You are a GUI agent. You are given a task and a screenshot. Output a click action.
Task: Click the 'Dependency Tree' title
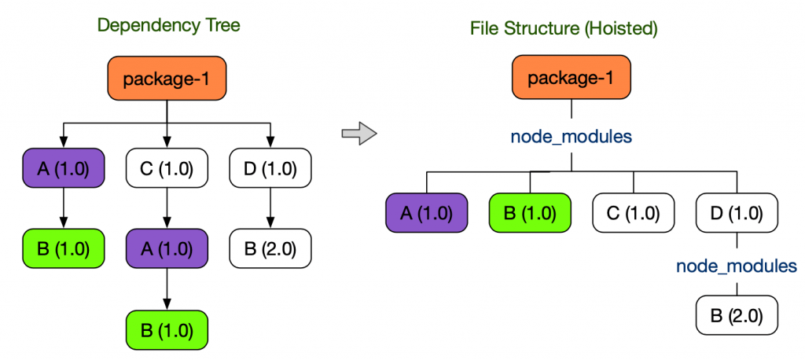168,25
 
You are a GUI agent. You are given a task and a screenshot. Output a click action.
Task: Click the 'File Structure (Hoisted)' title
564,29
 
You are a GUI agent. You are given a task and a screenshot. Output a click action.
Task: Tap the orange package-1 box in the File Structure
571,79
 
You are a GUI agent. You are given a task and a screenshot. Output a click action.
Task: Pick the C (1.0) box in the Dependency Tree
167,168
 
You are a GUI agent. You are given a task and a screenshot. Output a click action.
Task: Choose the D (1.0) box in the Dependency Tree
270,168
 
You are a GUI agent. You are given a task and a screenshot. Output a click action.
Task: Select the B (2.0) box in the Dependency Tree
270,248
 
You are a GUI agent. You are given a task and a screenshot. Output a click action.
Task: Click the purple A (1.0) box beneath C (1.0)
167,248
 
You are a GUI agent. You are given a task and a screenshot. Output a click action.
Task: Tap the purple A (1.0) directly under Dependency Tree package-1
64,168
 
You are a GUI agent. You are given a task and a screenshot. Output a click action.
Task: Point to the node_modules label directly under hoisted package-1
571,136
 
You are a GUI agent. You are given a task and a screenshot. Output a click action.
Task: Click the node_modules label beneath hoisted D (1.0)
737,266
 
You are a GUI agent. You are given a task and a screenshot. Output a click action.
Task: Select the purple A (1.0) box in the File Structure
427,213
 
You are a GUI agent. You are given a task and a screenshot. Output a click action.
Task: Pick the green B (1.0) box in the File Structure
530,213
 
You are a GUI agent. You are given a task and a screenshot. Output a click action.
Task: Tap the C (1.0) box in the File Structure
633,213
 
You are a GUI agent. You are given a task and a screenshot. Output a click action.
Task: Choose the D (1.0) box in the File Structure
737,213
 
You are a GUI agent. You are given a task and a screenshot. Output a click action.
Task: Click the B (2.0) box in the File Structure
737,317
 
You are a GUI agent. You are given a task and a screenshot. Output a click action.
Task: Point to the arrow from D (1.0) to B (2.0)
270,208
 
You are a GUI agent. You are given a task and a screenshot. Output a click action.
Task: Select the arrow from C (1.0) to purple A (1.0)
167,208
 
